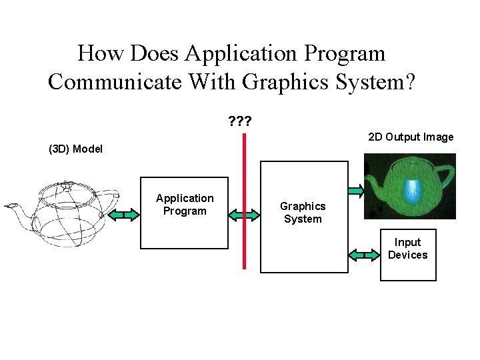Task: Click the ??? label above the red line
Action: (240, 122)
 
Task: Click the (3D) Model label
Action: (76, 149)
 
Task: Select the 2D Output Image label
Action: (411, 137)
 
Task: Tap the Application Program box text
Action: (185, 205)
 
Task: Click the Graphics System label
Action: (303, 213)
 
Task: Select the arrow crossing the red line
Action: (244, 215)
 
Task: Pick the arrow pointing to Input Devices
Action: (364, 255)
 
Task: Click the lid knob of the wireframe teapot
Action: (67, 185)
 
